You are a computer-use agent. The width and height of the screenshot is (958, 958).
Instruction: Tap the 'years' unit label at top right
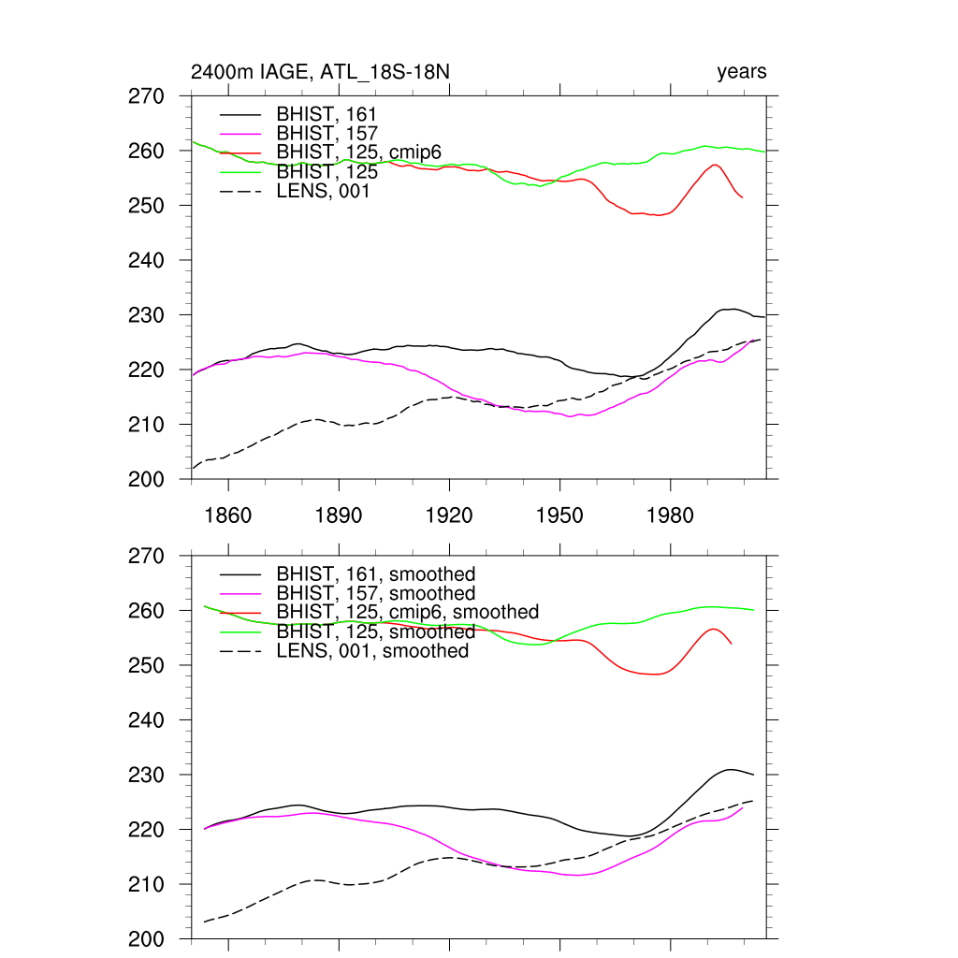[x=741, y=72]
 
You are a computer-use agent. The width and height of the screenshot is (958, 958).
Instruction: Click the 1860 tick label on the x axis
[x=228, y=515]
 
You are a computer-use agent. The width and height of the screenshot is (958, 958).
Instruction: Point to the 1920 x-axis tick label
[x=449, y=515]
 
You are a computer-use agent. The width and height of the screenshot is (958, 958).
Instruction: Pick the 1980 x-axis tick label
[x=670, y=515]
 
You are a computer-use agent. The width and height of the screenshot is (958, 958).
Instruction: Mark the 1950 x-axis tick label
[x=559, y=515]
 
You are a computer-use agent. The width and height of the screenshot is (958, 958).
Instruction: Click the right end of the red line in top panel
[x=742, y=197]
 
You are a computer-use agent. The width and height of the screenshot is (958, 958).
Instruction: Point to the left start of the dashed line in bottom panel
[x=205, y=922]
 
